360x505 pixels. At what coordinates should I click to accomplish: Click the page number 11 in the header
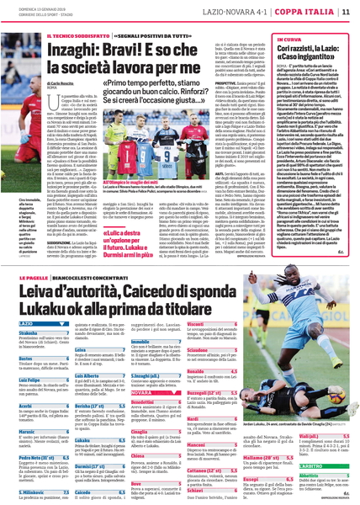(x=347, y=11)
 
